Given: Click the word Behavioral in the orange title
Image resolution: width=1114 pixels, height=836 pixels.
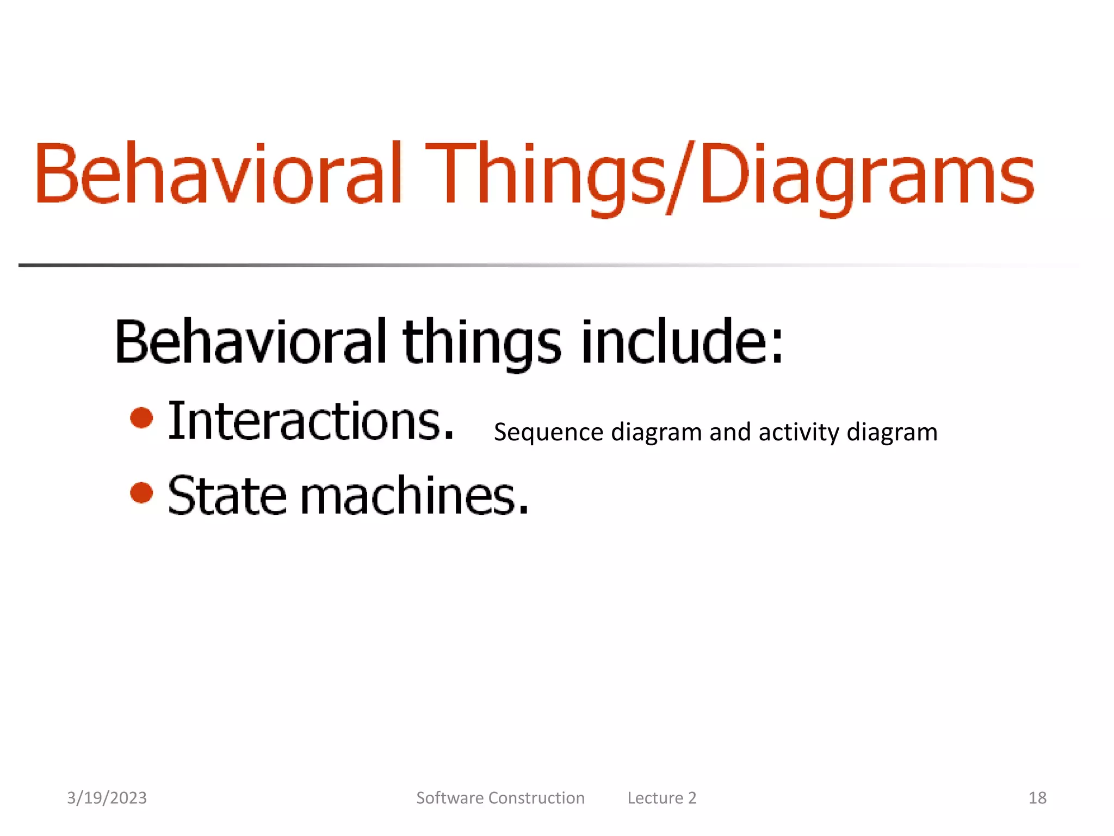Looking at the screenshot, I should pyautogui.click(x=218, y=174).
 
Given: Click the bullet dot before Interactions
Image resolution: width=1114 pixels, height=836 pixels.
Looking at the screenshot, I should pyautogui.click(x=142, y=418).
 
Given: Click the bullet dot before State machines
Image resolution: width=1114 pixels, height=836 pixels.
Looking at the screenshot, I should pyautogui.click(x=142, y=493).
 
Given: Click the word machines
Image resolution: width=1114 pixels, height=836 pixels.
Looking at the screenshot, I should pyautogui.click(x=413, y=495).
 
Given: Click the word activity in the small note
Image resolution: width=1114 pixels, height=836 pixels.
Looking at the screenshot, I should pyautogui.click(x=799, y=433).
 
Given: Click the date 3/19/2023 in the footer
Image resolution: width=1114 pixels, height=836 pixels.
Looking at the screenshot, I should pyautogui.click(x=107, y=798).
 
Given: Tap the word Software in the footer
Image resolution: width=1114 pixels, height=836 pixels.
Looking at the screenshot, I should pyautogui.click(x=450, y=798).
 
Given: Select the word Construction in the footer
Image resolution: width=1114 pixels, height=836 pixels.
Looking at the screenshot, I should pyautogui.click(x=536, y=798).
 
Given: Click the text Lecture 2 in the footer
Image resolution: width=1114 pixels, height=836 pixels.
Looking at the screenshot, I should pyautogui.click(x=661, y=798).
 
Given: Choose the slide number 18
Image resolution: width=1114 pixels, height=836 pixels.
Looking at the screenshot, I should pyautogui.click(x=1037, y=798).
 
